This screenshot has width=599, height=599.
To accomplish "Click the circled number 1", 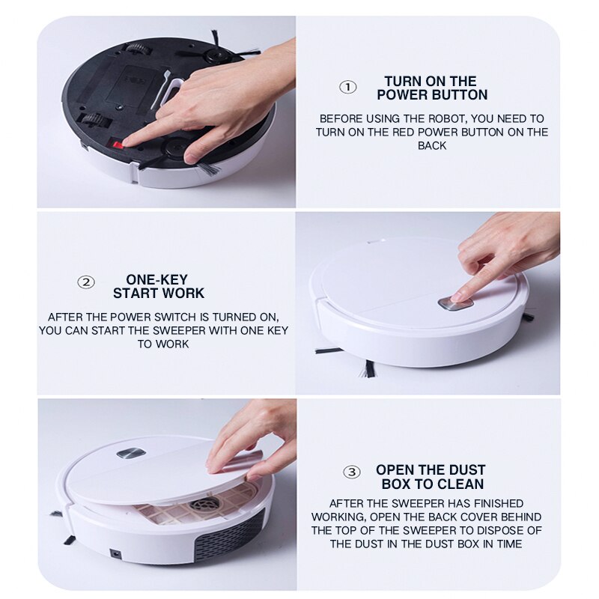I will tap(348, 87).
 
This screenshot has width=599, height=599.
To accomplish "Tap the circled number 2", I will tap(87, 282).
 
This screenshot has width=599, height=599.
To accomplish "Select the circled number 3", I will tap(351, 472).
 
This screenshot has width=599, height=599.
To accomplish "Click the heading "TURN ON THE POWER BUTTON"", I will tap(432, 88).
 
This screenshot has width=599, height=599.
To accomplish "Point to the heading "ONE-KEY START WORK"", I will tap(158, 287).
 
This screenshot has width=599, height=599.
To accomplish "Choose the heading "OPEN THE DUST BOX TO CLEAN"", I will tap(430, 477).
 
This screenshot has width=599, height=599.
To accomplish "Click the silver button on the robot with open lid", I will tap(130, 453).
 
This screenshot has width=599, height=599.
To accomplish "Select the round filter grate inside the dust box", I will tap(204, 504).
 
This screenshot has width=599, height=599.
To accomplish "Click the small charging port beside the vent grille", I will tap(116, 554).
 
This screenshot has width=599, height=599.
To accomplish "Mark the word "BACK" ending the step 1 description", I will tap(432, 146).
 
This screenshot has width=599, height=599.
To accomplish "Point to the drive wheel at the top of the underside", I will tap(138, 49).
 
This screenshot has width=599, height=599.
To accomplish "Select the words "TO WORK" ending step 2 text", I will tap(163, 344).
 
